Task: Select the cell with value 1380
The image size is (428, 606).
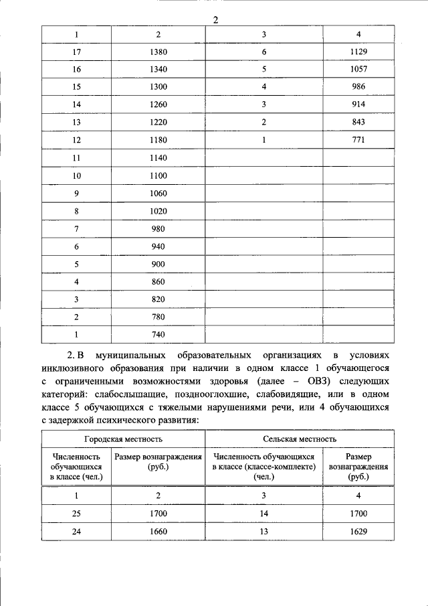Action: point(158,52)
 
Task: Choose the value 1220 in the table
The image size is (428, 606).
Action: point(158,123)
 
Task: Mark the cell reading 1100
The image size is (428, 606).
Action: point(158,175)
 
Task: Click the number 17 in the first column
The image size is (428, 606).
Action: point(76,52)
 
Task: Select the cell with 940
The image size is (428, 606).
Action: point(158,246)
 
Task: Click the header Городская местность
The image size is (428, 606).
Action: point(123,439)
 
